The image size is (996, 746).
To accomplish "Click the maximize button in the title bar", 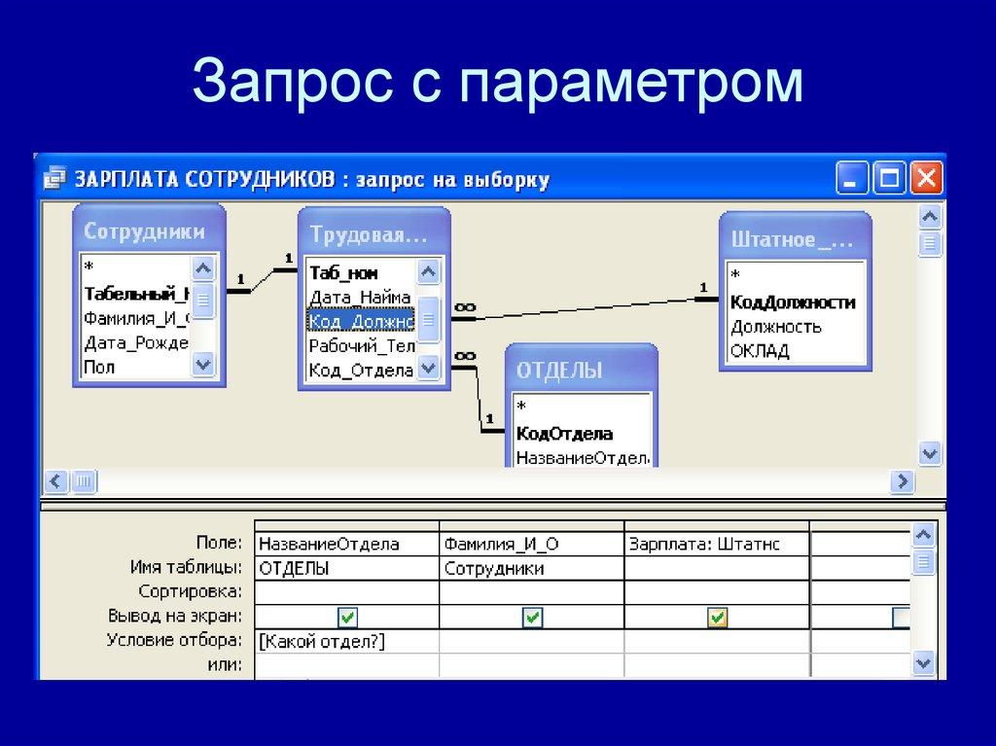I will click(x=890, y=178).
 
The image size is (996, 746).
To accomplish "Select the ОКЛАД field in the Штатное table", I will click(x=760, y=350).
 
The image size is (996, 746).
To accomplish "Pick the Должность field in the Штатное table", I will click(x=775, y=326).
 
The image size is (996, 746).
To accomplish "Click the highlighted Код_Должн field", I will click(x=361, y=320).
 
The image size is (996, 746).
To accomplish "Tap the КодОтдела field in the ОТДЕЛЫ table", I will click(x=564, y=434).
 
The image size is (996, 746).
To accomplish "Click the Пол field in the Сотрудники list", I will click(x=99, y=368).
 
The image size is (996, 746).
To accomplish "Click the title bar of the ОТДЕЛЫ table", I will click(x=580, y=370).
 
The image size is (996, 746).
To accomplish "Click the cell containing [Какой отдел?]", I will click(x=345, y=641).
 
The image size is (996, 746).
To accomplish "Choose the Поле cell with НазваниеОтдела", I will click(x=345, y=543).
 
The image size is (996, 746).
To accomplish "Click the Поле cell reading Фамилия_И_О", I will click(x=530, y=543).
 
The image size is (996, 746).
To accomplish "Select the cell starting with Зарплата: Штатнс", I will click(x=716, y=543).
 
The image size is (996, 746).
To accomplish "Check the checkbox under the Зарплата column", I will click(x=717, y=617).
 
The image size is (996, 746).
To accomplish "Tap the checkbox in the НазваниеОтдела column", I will click(x=346, y=617).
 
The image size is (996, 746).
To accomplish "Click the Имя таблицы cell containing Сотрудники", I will click(x=530, y=567).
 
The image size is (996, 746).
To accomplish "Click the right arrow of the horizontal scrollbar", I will click(x=904, y=480).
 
